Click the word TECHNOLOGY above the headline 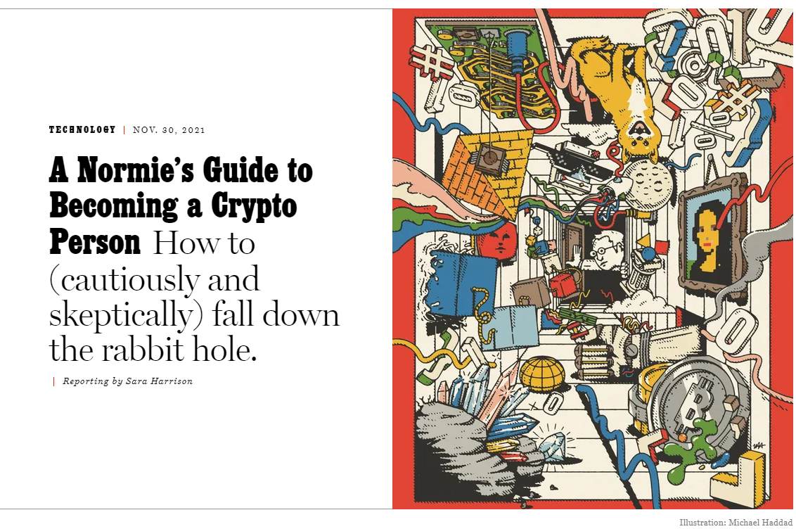point(82,130)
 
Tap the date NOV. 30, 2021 point(169,130)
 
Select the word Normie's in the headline point(136,170)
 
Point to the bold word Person point(95,242)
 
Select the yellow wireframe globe point(542,375)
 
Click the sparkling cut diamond point(552,446)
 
